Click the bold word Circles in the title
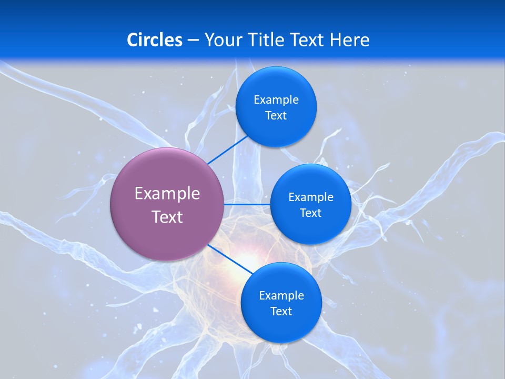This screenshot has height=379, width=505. point(154,40)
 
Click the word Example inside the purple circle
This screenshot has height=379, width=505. point(167,194)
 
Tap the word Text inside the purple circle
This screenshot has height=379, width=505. point(167,217)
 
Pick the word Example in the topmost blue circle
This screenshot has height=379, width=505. point(276,100)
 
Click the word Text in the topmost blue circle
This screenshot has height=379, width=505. point(276,116)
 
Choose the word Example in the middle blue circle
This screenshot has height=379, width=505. point(311,197)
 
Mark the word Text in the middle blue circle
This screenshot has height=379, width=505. point(311,213)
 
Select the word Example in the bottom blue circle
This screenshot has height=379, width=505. point(281,296)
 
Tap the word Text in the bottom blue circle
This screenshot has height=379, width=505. point(281,312)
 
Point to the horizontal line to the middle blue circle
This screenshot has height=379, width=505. point(247,204)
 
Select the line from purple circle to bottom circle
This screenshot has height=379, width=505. point(230,258)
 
